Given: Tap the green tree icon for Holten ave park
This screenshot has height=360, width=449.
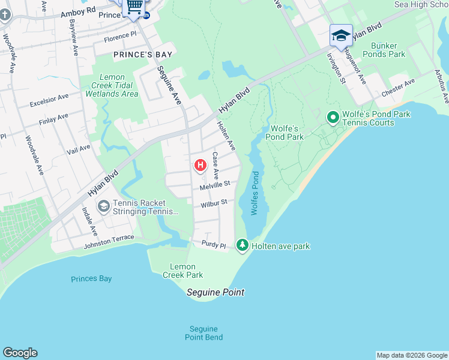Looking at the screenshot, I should coord(242,245).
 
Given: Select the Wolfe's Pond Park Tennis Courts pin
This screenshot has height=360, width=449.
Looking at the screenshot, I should coord(332,118).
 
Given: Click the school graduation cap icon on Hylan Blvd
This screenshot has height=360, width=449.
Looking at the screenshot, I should coord(341,35).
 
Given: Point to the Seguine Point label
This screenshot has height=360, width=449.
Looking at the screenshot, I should coord(215,293).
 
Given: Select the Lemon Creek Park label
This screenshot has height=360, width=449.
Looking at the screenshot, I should coord(182,271).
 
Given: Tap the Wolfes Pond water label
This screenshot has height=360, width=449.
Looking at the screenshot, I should coord(255,194).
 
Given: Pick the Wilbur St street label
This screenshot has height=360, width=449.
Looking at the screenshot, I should coord(214,204).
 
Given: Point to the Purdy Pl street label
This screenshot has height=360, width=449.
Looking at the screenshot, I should coord(213,246).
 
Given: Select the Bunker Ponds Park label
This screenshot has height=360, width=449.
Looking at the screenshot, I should coord(388,50).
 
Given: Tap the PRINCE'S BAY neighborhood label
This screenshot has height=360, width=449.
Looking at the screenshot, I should coord(143,55).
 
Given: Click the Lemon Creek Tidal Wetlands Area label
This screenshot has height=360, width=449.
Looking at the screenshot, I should coord(112,85).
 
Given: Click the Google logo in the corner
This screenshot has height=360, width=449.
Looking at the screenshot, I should coord(20,353).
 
